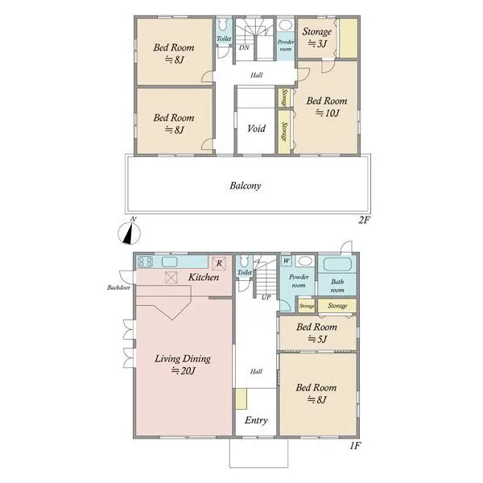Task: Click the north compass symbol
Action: (130, 233)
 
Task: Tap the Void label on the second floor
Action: (256, 128)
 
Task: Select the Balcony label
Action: (246, 186)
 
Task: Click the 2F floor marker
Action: (364, 220)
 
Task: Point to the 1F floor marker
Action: (356, 446)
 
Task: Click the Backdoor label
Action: (118, 287)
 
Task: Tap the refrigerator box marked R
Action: (219, 263)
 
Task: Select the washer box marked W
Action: (286, 261)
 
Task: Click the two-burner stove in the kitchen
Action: (145, 262)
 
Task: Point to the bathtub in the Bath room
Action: (337, 265)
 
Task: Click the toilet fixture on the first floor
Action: (244, 262)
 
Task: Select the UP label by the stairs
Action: (266, 297)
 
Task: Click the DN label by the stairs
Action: (244, 47)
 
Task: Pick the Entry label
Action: (256, 420)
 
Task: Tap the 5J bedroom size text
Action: (317, 339)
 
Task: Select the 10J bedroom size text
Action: (327, 114)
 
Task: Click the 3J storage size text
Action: (317, 43)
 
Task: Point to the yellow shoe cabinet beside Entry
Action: (242, 399)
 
